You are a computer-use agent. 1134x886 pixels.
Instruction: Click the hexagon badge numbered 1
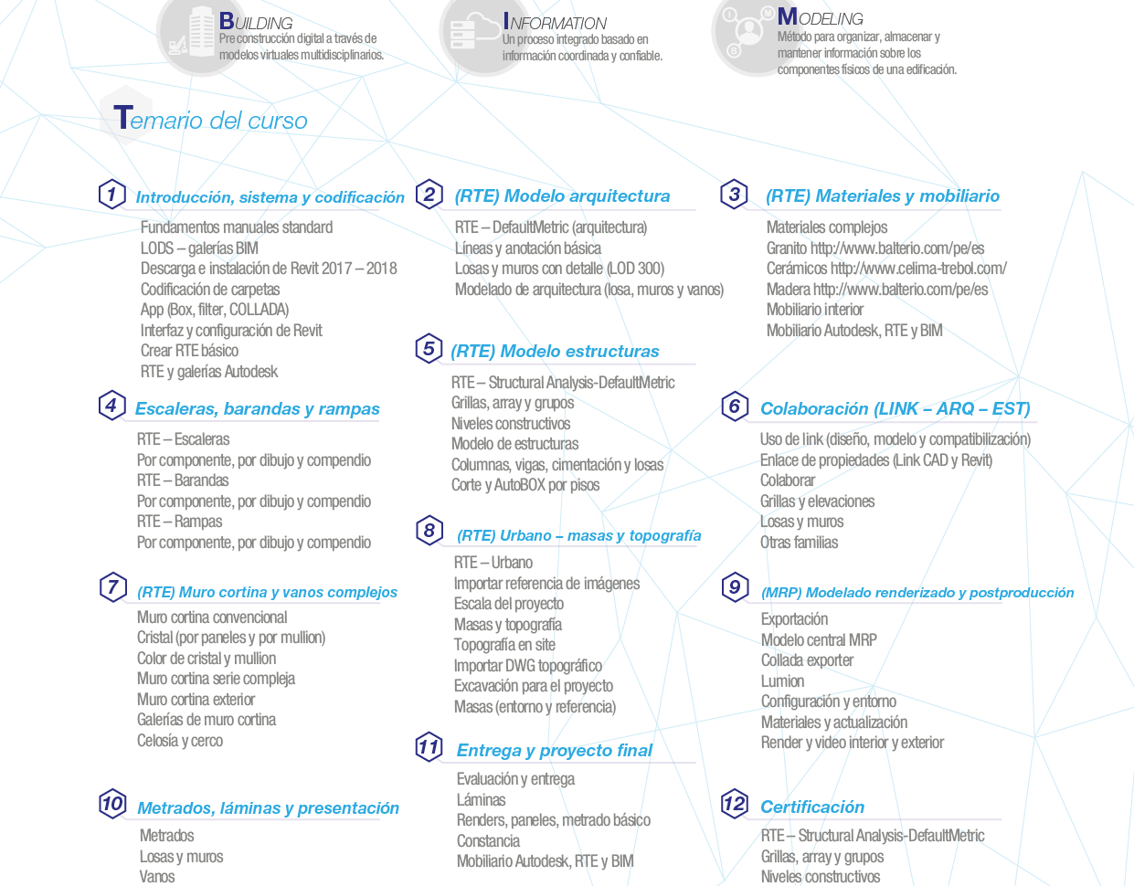pos(112,195)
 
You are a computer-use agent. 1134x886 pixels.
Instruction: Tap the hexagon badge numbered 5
pos(429,348)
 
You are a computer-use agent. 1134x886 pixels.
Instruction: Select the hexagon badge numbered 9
pos(735,587)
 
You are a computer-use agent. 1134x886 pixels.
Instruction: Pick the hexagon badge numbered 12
pos(735,803)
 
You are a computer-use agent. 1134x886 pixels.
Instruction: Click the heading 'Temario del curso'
pos(210,119)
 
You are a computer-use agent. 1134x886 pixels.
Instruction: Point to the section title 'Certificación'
pos(812,807)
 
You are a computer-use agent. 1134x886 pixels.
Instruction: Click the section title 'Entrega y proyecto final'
pos(555,750)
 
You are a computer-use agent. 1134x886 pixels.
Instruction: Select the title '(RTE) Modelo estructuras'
pos(555,351)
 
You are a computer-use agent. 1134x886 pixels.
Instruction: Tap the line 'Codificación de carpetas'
pos(210,290)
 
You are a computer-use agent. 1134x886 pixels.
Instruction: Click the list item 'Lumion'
pos(782,681)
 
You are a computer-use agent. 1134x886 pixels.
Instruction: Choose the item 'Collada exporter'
pos(807,660)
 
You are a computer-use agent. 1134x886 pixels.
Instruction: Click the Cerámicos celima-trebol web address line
pos(886,269)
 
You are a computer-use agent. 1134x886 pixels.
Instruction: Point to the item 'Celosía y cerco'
pos(180,741)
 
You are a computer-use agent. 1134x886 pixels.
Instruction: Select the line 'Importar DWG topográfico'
pos(527,665)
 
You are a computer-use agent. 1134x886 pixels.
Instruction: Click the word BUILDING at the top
pos(256,21)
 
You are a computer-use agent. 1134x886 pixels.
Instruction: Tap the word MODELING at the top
pos(820,17)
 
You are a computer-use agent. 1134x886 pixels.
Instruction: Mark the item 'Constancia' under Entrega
pos(488,840)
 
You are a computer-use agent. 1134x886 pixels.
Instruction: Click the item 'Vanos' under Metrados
pos(157,877)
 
